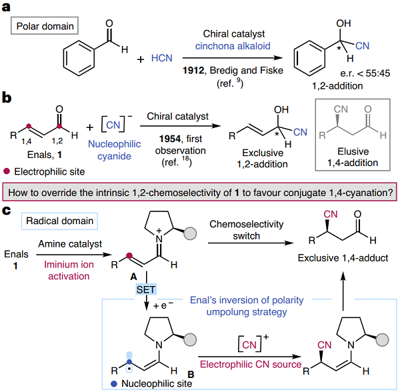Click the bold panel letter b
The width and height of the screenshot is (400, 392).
[x=8, y=98]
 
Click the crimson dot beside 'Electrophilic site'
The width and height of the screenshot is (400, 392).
[x=7, y=169]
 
